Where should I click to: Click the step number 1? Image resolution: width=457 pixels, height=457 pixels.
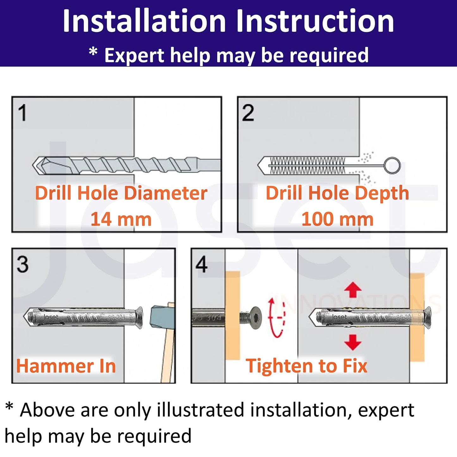[22, 113]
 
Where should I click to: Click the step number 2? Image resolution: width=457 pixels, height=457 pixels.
[248, 113]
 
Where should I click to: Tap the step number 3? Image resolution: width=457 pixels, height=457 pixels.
[22, 264]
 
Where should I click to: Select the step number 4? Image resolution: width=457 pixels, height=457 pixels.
[201, 264]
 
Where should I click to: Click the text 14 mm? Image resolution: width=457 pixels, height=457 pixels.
[121, 219]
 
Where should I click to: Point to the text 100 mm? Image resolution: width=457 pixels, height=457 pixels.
[337, 219]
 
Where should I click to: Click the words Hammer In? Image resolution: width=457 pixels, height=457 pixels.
[66, 366]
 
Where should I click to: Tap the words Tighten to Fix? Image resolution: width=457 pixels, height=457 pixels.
[306, 366]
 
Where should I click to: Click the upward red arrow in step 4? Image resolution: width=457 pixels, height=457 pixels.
[353, 289]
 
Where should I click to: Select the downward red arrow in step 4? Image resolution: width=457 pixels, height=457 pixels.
[353, 342]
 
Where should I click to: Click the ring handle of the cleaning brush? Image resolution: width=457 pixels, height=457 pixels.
[392, 165]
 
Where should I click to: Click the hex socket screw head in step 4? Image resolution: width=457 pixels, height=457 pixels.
[255, 318]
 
